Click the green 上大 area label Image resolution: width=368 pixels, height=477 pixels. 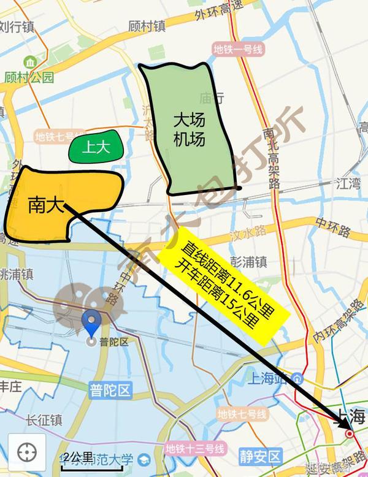point(95,148)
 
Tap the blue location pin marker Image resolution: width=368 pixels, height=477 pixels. point(92,322)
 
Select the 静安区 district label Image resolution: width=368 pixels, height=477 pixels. point(261,456)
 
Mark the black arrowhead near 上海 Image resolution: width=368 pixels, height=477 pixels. point(342,422)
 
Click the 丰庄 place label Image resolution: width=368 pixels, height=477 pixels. point(10,386)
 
